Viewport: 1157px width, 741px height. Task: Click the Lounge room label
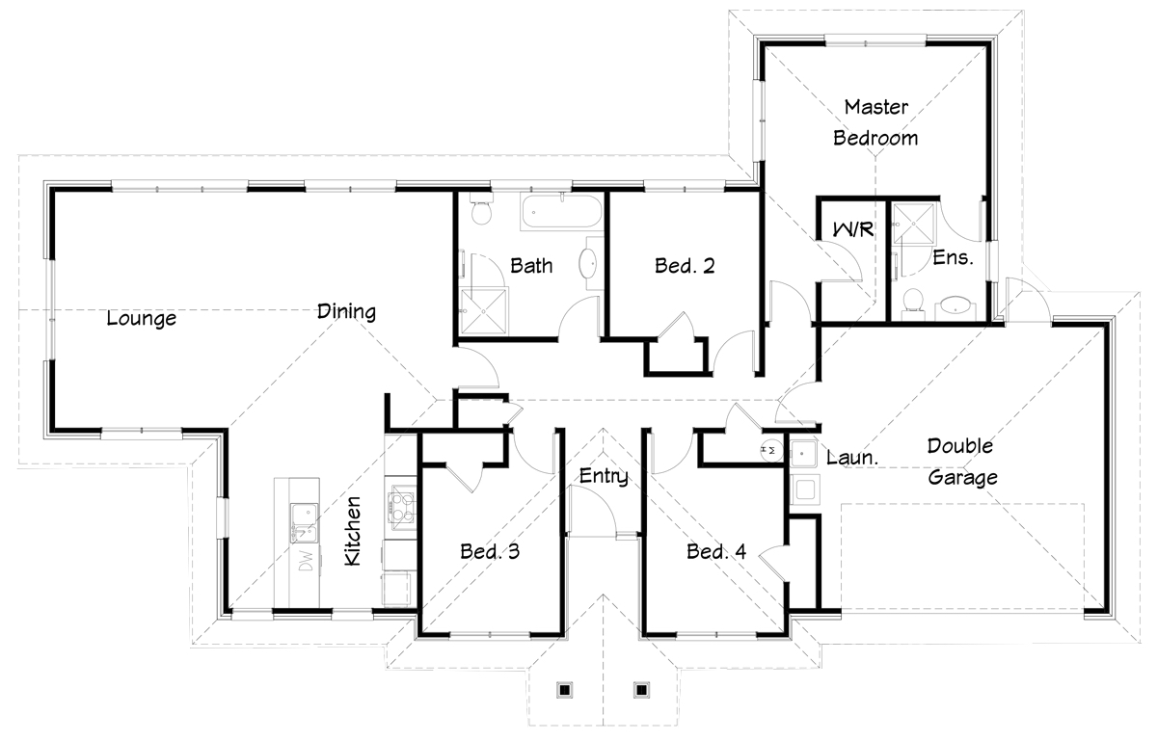pos(141,318)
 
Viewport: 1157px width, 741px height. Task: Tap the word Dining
pos(346,311)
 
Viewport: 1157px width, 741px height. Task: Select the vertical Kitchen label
pos(352,531)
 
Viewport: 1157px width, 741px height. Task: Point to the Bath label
pos(531,266)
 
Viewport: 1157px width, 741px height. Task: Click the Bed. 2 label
pos(685,266)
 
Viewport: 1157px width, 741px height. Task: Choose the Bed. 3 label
pos(490,551)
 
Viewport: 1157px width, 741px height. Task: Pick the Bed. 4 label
pos(715,551)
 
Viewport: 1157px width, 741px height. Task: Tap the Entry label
pos(604,476)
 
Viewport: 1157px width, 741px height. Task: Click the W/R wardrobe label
pos(853,228)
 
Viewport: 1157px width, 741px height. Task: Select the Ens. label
pos(953,257)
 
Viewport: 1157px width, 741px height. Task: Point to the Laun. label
pos(852,458)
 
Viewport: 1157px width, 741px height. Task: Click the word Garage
pos(963,477)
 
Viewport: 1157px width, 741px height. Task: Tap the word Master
pos(876,107)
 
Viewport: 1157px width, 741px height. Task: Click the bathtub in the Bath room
pos(562,212)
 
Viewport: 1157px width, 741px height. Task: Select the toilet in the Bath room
pos(481,208)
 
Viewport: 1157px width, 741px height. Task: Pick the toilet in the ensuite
pos(913,303)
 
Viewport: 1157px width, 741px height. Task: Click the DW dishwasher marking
pos(306,560)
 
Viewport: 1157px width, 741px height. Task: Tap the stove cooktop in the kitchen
pos(402,507)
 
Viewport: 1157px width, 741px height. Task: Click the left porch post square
pos(565,690)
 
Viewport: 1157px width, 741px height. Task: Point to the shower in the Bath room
pos(483,312)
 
